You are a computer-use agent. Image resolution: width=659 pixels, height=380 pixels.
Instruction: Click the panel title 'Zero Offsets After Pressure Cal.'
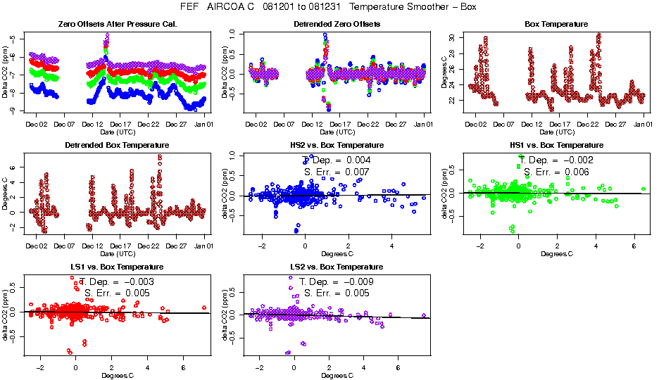point(117,25)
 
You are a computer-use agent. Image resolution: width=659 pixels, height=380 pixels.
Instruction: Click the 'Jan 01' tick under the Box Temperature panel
point(643,124)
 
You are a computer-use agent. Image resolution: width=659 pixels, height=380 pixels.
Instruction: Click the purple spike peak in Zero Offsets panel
point(107,34)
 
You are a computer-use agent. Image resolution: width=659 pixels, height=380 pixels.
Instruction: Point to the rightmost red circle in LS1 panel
point(204,308)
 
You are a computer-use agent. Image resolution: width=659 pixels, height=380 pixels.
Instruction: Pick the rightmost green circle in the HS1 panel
point(624,190)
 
